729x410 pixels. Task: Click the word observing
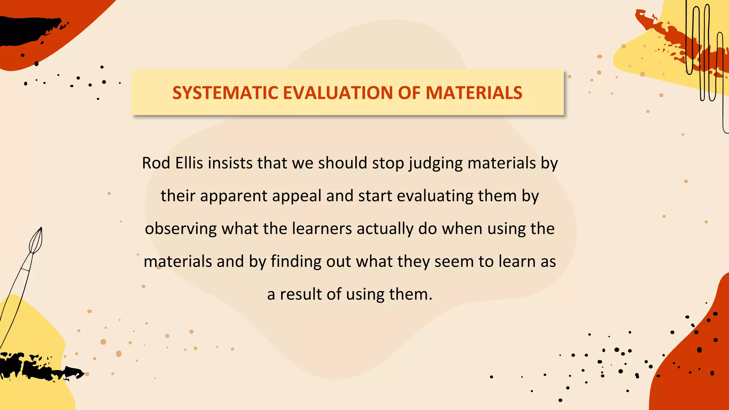[181, 229]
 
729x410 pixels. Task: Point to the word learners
[322, 229]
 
